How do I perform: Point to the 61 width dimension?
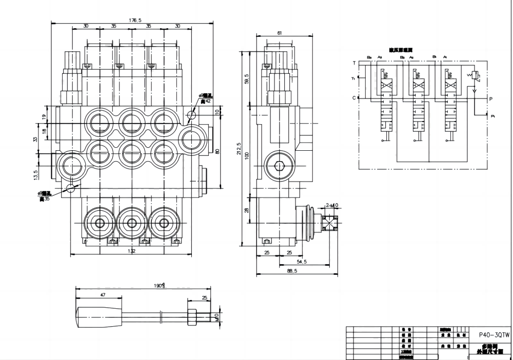point(279,33)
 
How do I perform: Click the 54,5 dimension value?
point(302,262)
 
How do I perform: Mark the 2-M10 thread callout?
point(332,206)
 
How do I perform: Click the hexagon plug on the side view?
point(280,166)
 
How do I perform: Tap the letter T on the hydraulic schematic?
point(354,63)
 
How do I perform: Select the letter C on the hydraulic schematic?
point(354,97)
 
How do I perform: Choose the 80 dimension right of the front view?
point(218,151)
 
